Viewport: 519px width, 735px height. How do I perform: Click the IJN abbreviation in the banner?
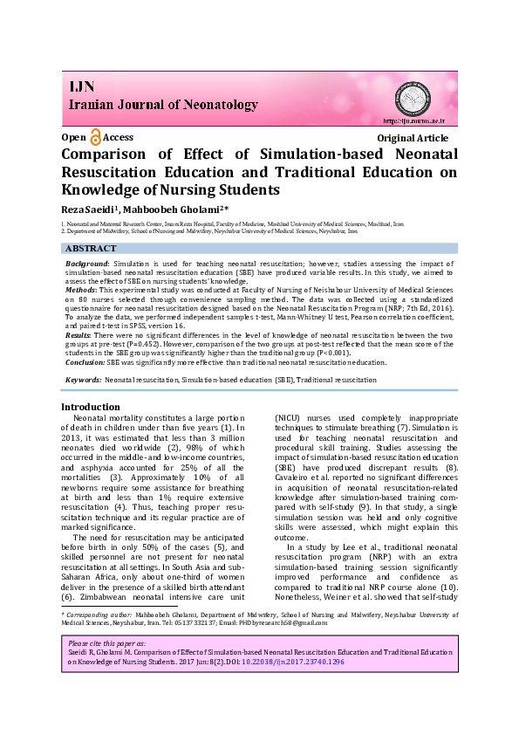coord(82,87)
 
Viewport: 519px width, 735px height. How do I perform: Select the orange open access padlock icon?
coord(95,137)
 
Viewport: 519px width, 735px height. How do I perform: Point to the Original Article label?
coord(413,138)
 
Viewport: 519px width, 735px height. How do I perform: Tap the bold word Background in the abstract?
coord(88,263)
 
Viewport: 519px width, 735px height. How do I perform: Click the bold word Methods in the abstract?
coord(82,287)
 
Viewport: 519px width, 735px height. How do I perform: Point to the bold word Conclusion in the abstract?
coord(85,361)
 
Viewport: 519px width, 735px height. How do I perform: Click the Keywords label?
coord(83,380)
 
